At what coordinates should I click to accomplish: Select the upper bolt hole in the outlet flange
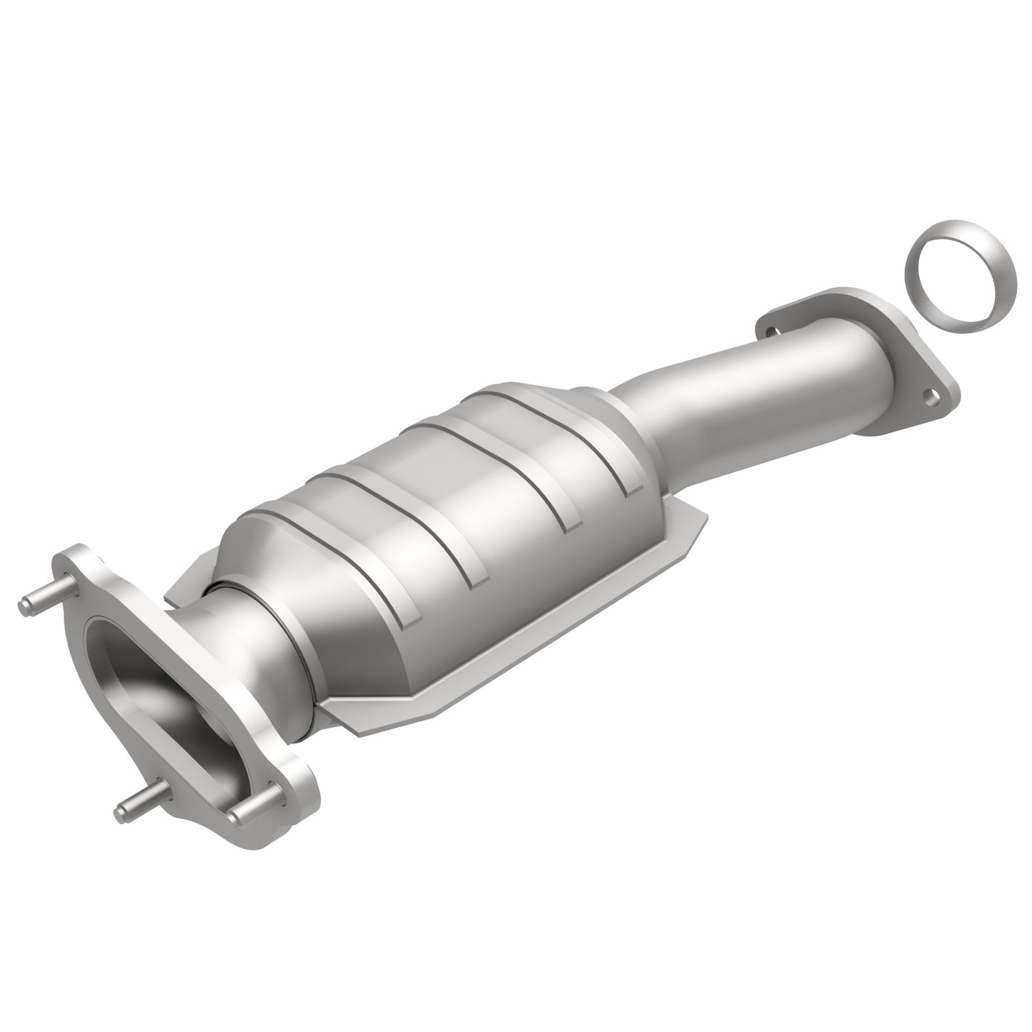coord(770,330)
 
